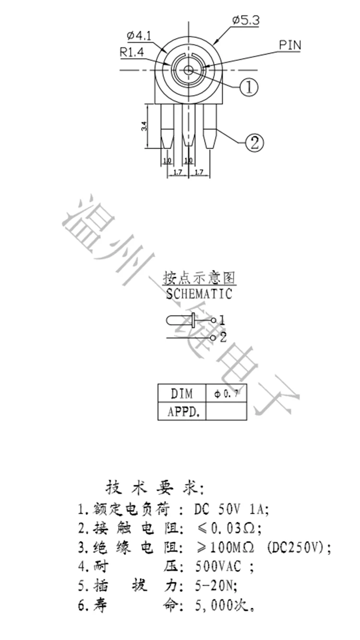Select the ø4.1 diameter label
(x=139, y=36)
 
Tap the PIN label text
(x=290, y=45)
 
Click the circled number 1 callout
(x=249, y=87)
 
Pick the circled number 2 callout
(x=254, y=142)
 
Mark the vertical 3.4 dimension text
(x=144, y=127)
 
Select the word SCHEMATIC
(x=199, y=294)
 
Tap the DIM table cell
(x=182, y=394)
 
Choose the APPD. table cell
(x=182, y=411)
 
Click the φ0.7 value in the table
(x=226, y=394)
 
